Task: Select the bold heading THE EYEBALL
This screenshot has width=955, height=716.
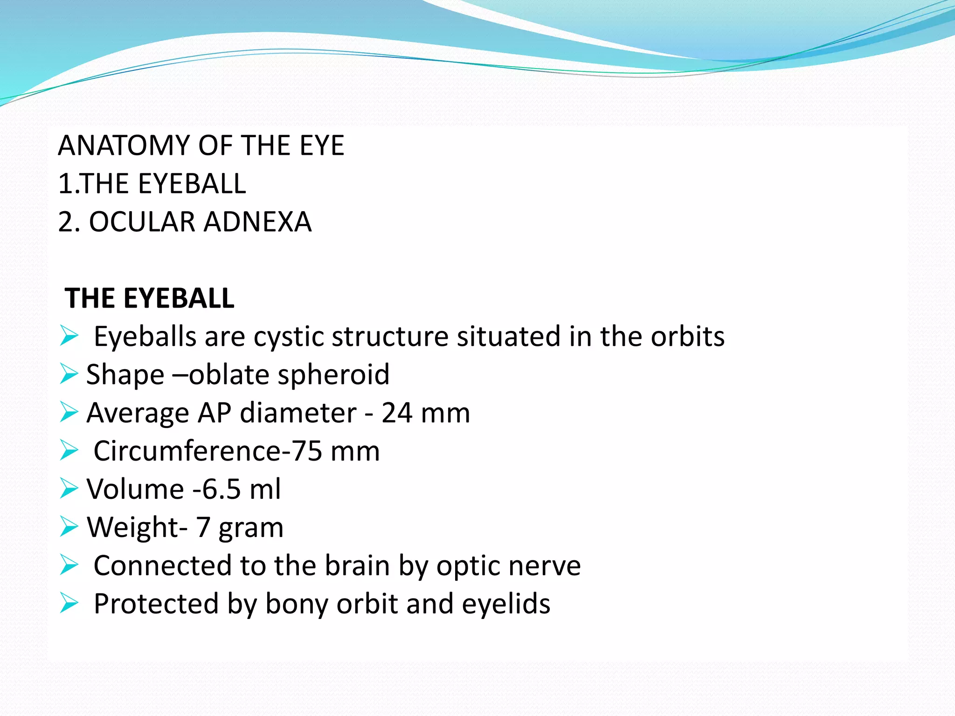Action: point(149,298)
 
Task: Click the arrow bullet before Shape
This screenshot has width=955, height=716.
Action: point(69,374)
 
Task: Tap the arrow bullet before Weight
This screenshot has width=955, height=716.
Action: point(69,527)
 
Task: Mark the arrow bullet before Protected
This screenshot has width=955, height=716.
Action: point(69,604)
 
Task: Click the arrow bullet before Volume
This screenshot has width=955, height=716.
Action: point(69,489)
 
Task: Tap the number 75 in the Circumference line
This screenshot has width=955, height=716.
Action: point(307,451)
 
